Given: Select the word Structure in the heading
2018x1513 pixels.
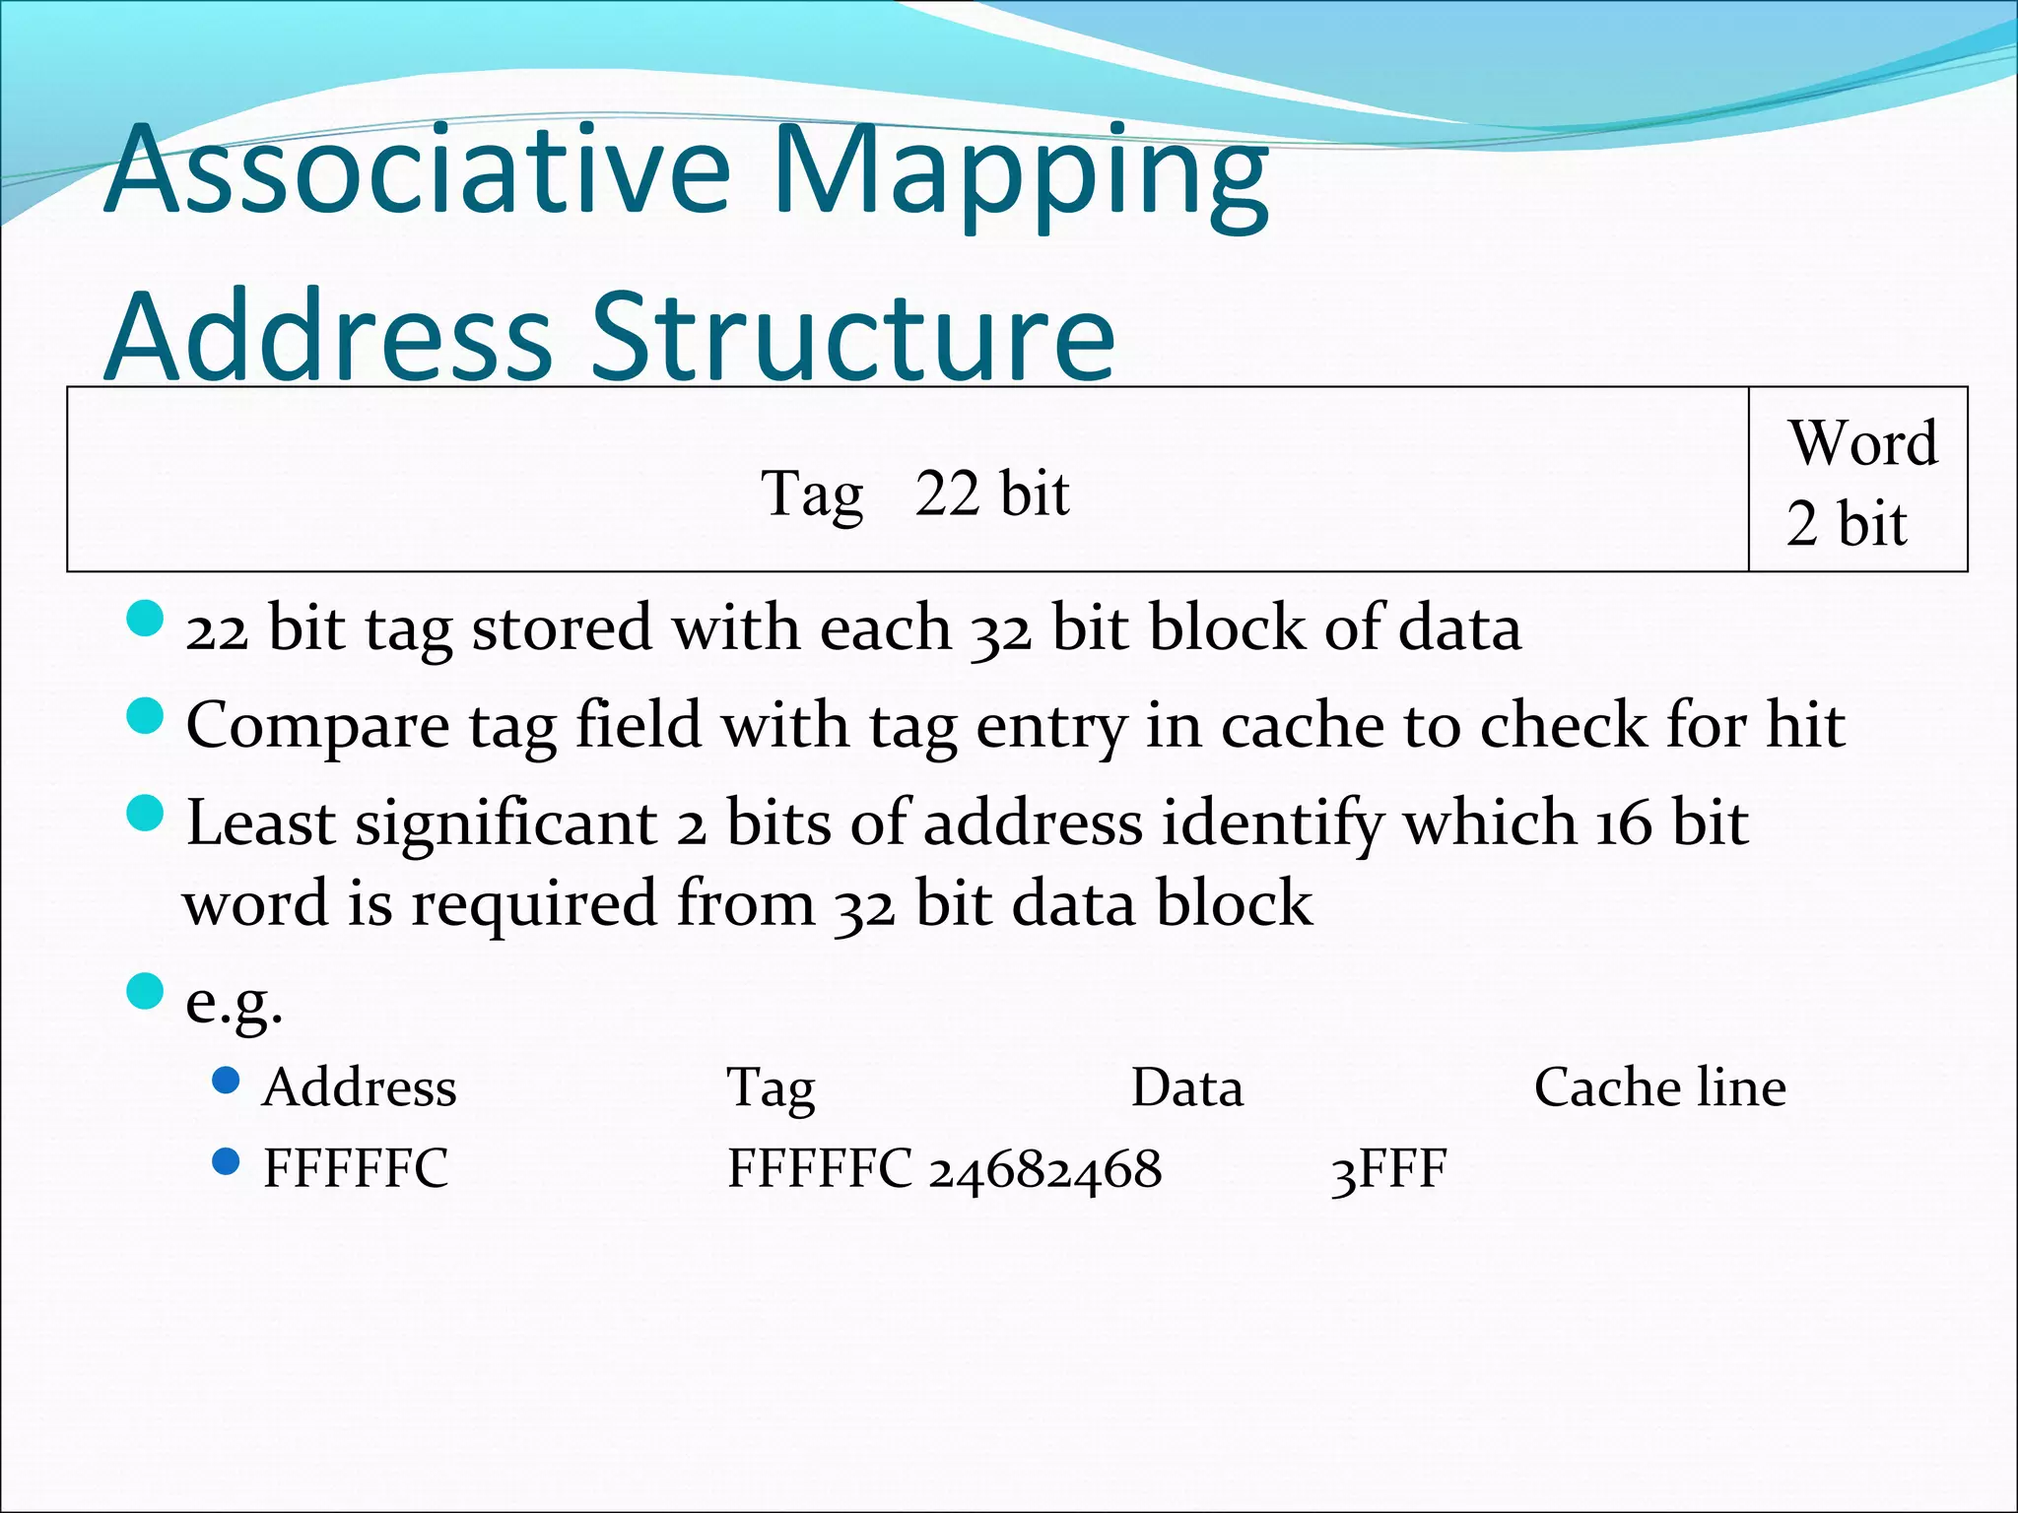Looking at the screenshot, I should (852, 337).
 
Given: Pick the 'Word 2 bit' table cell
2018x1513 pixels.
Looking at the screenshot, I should (1858, 481).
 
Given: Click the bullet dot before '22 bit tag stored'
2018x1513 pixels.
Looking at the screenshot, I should (145, 621).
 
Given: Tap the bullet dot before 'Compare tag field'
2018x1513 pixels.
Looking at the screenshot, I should (145, 716).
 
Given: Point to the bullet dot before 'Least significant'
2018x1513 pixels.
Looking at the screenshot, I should (145, 814).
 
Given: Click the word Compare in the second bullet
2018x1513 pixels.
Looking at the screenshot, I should (317, 726).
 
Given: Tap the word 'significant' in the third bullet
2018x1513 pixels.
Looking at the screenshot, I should (505, 822).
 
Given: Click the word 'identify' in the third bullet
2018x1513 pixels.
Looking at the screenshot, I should (1272, 822).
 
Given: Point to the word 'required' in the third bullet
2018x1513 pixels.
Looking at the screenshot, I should (533, 903).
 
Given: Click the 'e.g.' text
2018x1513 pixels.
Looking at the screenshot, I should (234, 1001).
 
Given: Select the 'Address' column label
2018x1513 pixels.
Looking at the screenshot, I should (359, 1087).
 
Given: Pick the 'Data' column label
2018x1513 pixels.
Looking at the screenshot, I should (1186, 1087).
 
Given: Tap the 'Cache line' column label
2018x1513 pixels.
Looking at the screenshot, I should (1659, 1087).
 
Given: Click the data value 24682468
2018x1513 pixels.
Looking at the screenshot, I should (1045, 1169).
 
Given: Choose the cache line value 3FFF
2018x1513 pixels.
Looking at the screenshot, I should (1388, 1169).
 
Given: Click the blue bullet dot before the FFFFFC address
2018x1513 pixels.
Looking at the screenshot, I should (226, 1161).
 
